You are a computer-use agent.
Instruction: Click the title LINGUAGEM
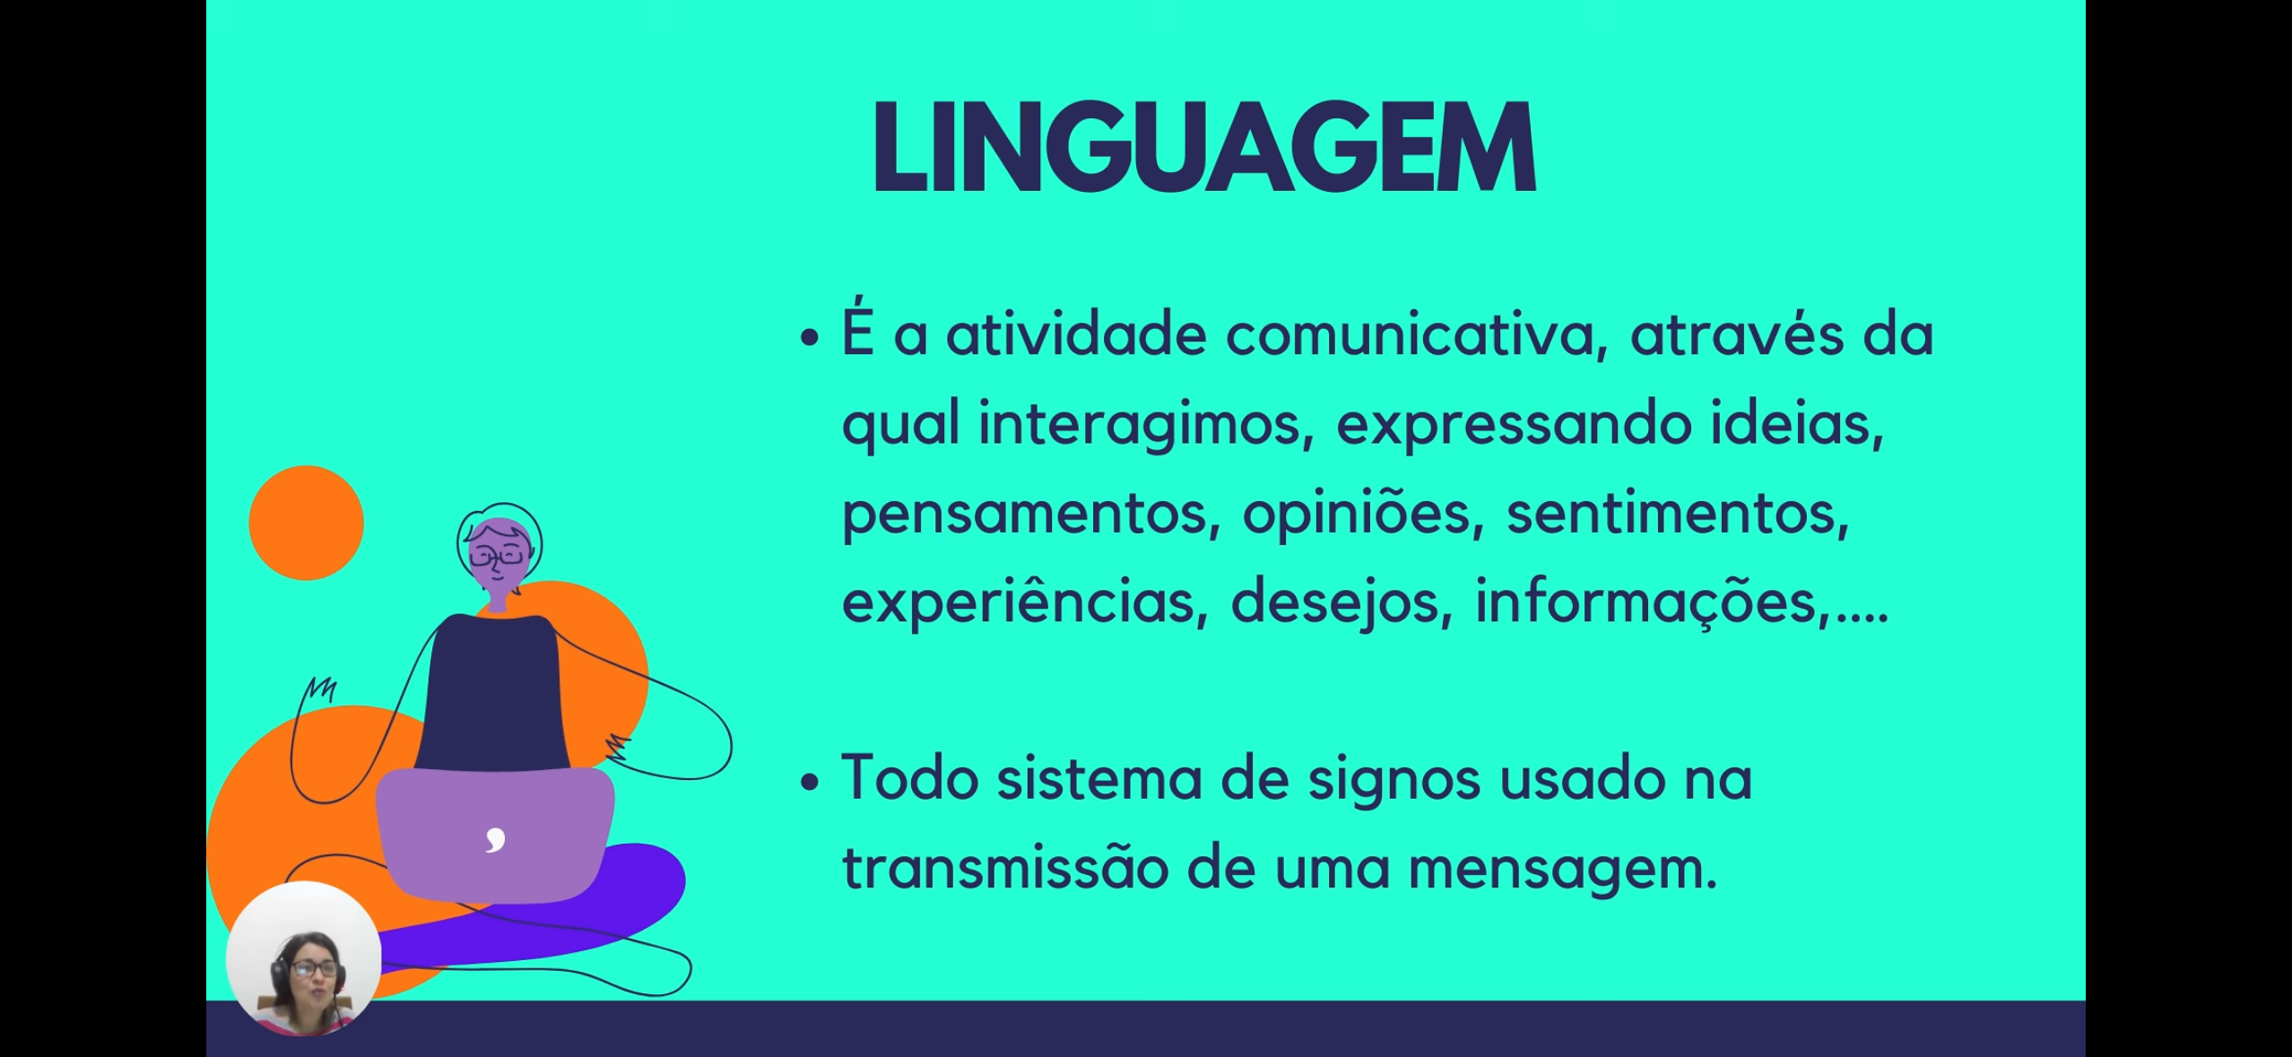pyautogui.click(x=1204, y=146)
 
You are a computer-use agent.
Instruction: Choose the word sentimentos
pyautogui.click(x=1678, y=513)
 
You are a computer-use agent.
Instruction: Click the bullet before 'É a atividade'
pyautogui.click(x=810, y=337)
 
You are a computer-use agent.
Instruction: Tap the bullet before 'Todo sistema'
pyautogui.click(x=810, y=781)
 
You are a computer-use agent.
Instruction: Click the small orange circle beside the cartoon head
pyautogui.click(x=306, y=523)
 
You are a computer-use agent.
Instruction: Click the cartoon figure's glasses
pyautogui.click(x=497, y=557)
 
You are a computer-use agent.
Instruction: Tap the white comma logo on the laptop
pyautogui.click(x=496, y=839)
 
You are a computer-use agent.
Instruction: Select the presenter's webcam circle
pyautogui.click(x=304, y=958)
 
